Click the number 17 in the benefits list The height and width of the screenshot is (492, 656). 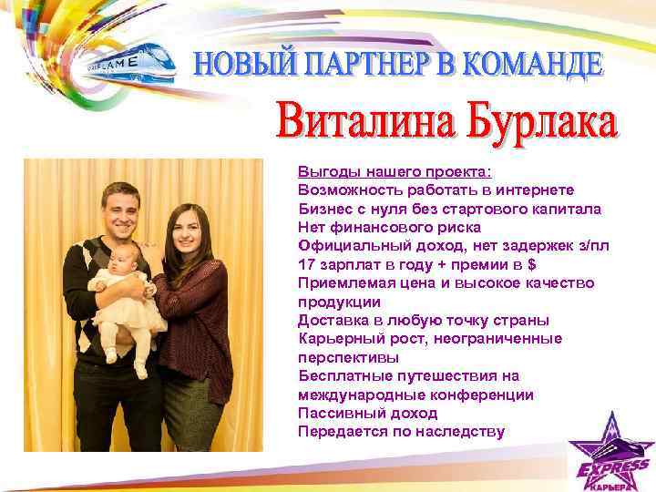[306, 264]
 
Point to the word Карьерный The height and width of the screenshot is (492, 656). [336, 339]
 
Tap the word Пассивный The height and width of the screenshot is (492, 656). [335, 414]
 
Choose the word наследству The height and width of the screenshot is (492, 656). [458, 432]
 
